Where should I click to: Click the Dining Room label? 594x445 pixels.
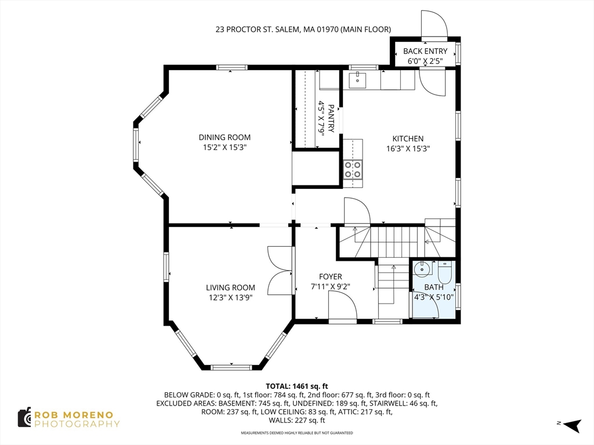coord(224,137)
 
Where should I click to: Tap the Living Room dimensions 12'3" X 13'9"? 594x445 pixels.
coord(231,297)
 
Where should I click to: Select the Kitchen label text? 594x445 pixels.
coord(408,138)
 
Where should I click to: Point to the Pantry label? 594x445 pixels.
coord(331,118)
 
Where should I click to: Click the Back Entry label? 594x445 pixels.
coord(425,51)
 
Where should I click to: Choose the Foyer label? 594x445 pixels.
coord(330,277)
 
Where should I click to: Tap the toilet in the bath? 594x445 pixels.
coord(445,272)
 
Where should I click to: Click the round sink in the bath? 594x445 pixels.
coord(421,269)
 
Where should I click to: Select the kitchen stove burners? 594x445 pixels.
coord(352,169)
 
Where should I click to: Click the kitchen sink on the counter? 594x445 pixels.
coord(357,80)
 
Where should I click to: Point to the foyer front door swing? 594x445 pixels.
coord(343,308)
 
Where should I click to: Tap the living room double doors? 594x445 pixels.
coord(280,271)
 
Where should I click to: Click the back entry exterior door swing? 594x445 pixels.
coord(434,23)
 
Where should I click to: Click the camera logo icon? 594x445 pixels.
coord(24,418)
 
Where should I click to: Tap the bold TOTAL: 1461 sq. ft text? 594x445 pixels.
coord(296,386)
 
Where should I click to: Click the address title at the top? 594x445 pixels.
coord(303,29)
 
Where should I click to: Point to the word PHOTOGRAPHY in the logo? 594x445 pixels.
coord(77,424)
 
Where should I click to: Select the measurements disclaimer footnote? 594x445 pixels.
coord(296,433)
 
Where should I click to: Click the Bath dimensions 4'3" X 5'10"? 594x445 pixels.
coord(434,297)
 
